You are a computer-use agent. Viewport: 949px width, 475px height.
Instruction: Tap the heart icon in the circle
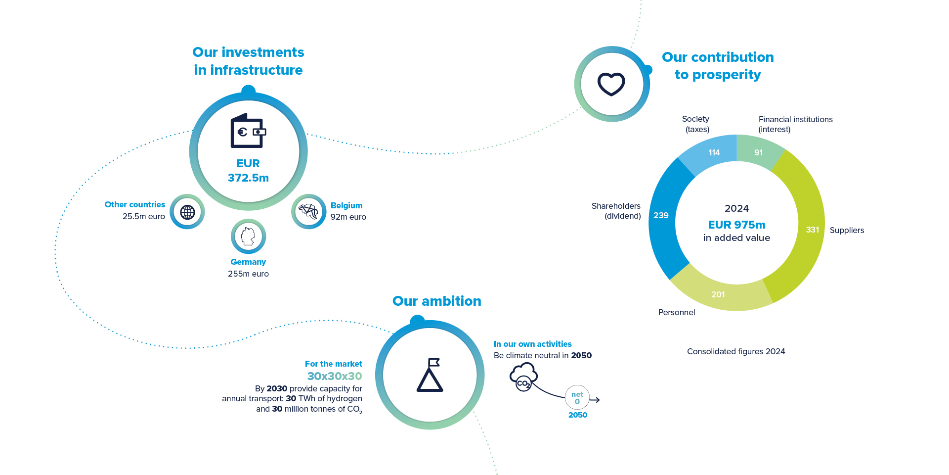pyautogui.click(x=611, y=84)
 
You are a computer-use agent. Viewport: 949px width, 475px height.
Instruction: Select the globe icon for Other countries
pyautogui.click(x=187, y=212)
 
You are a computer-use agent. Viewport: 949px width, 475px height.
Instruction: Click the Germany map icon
pyautogui.click(x=248, y=237)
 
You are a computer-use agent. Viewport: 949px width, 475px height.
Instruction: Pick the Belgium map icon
pyautogui.click(x=308, y=211)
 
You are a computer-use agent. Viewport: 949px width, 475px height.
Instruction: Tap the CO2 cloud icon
pyautogui.click(x=523, y=377)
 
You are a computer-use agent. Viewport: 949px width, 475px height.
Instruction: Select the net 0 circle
pyautogui.click(x=577, y=398)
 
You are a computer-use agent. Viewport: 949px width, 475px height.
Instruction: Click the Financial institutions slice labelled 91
pyautogui.click(x=758, y=152)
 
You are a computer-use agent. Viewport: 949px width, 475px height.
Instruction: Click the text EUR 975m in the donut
pyautogui.click(x=736, y=225)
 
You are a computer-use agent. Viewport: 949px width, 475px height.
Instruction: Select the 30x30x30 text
pyautogui.click(x=335, y=376)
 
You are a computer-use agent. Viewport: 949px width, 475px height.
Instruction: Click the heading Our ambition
pyautogui.click(x=436, y=301)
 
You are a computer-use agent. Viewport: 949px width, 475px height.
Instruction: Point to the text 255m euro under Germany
pyautogui.click(x=248, y=274)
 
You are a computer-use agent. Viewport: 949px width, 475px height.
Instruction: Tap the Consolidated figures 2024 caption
pyautogui.click(x=735, y=351)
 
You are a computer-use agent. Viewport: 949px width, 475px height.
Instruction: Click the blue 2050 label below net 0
pyautogui.click(x=577, y=415)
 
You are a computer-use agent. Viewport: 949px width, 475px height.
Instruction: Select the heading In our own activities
pyautogui.click(x=532, y=344)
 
